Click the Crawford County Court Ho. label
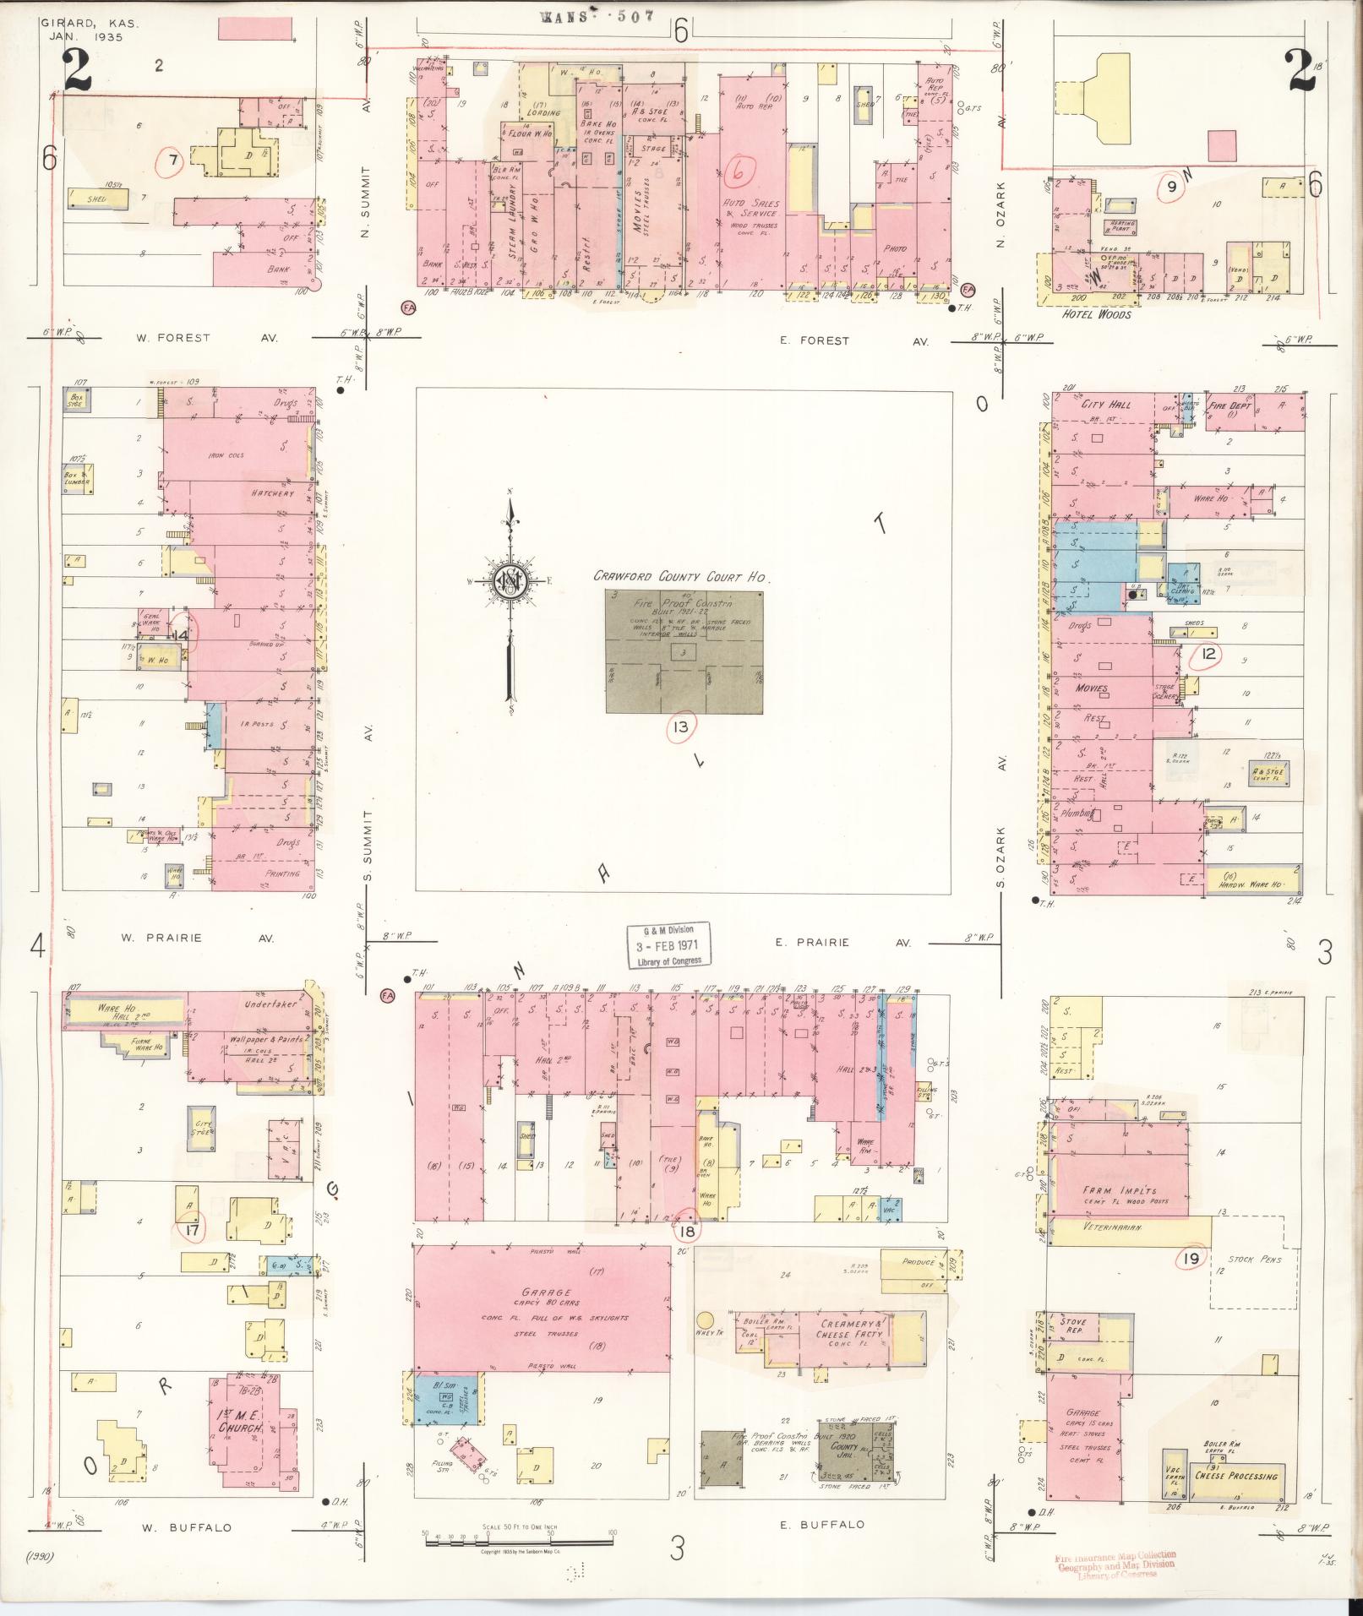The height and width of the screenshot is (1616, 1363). click(x=679, y=577)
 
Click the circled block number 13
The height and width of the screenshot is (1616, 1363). click(x=681, y=726)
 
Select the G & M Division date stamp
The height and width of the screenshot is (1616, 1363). click(x=668, y=944)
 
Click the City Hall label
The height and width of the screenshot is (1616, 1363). click(x=1106, y=405)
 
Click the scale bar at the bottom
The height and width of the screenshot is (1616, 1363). click(x=519, y=1541)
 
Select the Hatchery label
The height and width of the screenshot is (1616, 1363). click(x=271, y=492)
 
